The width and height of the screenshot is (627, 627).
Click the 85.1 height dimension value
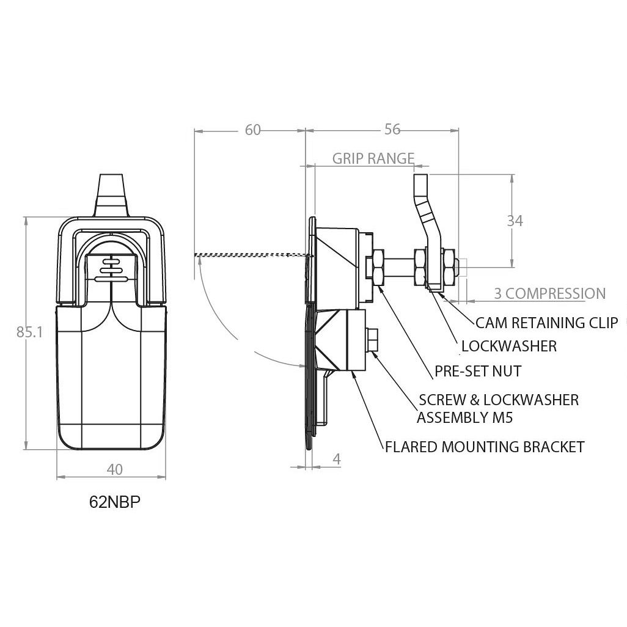[29, 332]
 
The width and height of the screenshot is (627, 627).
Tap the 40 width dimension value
[114, 469]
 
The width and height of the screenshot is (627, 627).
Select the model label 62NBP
[115, 502]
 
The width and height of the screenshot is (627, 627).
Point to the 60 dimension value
[253, 130]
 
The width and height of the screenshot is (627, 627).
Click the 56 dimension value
[392, 129]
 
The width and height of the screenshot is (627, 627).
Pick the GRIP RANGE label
[373, 159]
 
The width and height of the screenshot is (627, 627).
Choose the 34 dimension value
[515, 221]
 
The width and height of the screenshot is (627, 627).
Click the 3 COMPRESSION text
[550, 293]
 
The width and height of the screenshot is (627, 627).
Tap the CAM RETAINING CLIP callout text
[546, 322]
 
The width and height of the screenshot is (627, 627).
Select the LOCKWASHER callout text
[509, 346]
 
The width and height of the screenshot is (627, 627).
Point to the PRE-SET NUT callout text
[478, 371]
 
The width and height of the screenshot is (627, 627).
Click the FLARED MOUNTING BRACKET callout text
[485, 447]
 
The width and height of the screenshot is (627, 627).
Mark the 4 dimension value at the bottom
[337, 459]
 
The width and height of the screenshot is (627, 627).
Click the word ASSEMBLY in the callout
[448, 418]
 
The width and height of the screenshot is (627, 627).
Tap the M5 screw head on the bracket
[372, 340]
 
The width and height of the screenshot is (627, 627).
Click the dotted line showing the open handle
[250, 254]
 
